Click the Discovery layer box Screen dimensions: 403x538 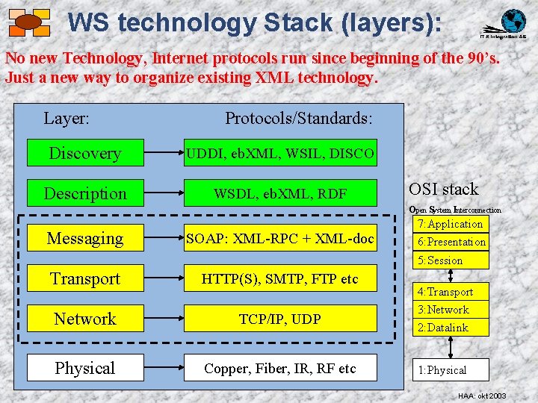point(85,153)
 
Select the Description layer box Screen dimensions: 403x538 point(85,193)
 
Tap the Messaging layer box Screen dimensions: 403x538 point(85,238)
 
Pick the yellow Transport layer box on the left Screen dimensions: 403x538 point(85,278)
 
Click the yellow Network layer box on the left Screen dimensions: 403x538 point(85,319)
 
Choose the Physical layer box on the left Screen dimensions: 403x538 point(85,368)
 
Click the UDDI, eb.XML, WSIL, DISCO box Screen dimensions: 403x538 point(280,153)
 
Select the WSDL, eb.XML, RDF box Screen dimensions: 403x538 point(280,193)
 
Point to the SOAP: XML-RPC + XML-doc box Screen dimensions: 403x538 point(280,238)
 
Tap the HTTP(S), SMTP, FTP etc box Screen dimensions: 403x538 point(280,279)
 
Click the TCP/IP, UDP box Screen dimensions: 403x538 point(280,319)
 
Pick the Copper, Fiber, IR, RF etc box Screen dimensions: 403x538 point(280,368)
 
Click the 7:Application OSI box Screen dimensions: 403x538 point(451,224)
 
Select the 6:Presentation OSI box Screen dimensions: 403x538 point(451,242)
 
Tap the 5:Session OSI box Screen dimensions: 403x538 point(451,260)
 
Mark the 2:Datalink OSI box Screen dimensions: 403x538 point(451,327)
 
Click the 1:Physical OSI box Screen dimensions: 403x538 point(451,369)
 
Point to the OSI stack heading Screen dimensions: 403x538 point(444,190)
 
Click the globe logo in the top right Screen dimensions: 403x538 point(513,21)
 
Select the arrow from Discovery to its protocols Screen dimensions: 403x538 point(164,153)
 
